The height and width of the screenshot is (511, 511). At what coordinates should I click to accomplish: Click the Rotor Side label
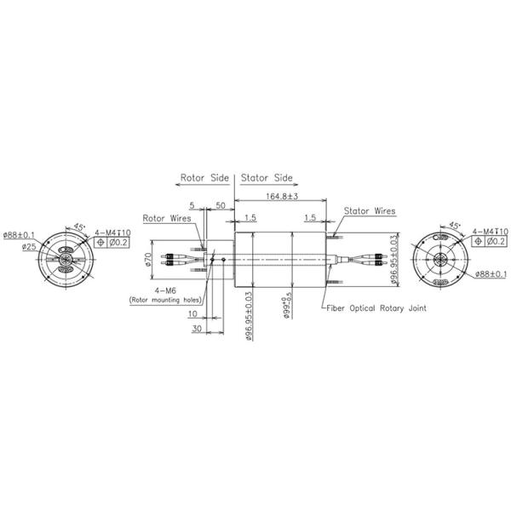coord(204,179)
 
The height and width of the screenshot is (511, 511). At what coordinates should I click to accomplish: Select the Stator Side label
coord(267,179)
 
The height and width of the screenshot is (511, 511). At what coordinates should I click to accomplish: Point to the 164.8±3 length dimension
coord(282,197)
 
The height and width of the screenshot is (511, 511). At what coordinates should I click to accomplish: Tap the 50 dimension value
coord(220,206)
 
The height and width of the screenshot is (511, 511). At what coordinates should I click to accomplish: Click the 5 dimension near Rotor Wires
coord(193,206)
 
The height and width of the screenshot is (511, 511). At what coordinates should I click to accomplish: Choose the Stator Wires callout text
coord(370,210)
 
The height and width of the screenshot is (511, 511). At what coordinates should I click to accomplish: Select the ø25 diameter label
coord(29,247)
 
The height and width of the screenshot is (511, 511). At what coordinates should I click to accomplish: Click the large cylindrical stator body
coord(282,260)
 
